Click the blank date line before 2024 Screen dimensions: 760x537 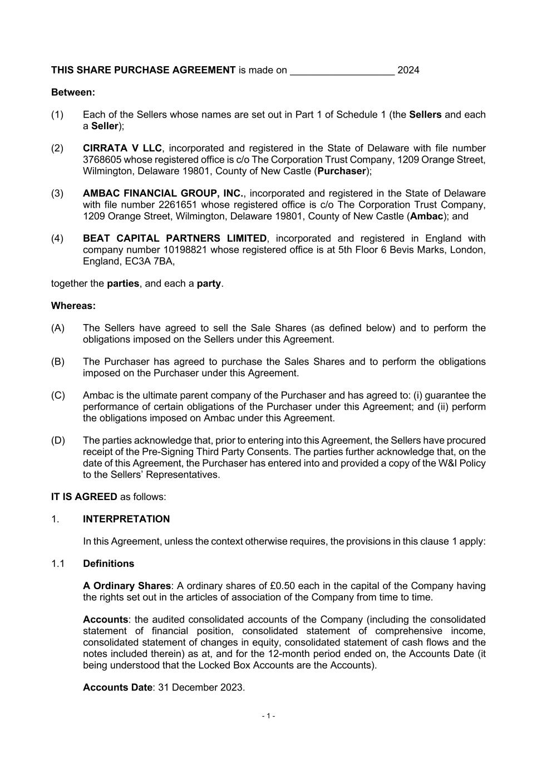coord(342,71)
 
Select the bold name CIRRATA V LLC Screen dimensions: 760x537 coord(122,148)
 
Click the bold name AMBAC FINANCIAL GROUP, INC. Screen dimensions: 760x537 coord(163,193)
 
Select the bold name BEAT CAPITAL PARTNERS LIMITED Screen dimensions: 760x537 coord(175,238)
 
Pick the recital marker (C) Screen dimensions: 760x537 coord(58,395)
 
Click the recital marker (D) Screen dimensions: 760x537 coord(58,440)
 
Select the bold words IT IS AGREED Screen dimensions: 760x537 coord(84,497)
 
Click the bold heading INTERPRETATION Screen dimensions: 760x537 coord(126,519)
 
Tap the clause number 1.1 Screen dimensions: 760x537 coord(58,563)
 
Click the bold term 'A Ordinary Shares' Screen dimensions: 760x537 coord(127,586)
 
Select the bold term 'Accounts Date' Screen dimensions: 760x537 coord(117,688)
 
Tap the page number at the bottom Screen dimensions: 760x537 coord(268,716)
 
